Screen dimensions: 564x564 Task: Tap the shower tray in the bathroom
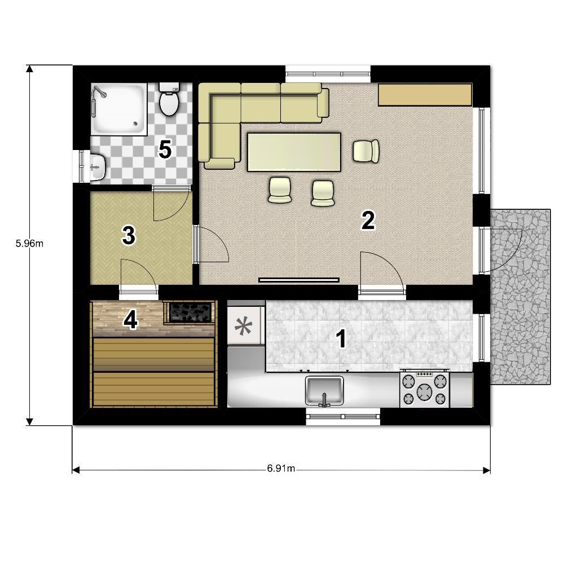click(x=118, y=109)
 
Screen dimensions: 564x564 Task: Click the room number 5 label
click(x=165, y=149)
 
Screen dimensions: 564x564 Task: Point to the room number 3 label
click(x=129, y=235)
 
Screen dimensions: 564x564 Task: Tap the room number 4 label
click(x=130, y=320)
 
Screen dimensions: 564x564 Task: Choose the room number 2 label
click(x=368, y=220)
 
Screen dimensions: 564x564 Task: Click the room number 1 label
click(x=341, y=339)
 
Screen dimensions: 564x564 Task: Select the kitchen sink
click(x=324, y=391)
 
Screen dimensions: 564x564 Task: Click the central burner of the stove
click(x=425, y=392)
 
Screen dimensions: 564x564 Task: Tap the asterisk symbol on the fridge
click(x=244, y=325)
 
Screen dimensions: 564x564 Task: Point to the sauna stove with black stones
click(x=190, y=312)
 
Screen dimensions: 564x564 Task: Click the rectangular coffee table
click(x=294, y=152)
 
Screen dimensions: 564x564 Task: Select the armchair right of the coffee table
click(x=366, y=151)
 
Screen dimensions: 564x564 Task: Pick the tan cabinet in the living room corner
click(x=425, y=95)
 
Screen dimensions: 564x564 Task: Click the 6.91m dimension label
click(x=281, y=468)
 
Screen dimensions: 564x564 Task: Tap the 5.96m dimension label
click(x=29, y=244)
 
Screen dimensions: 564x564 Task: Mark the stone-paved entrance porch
click(x=520, y=297)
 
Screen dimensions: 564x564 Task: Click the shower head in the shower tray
click(x=99, y=92)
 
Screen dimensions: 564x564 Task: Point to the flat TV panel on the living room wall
click(x=299, y=280)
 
